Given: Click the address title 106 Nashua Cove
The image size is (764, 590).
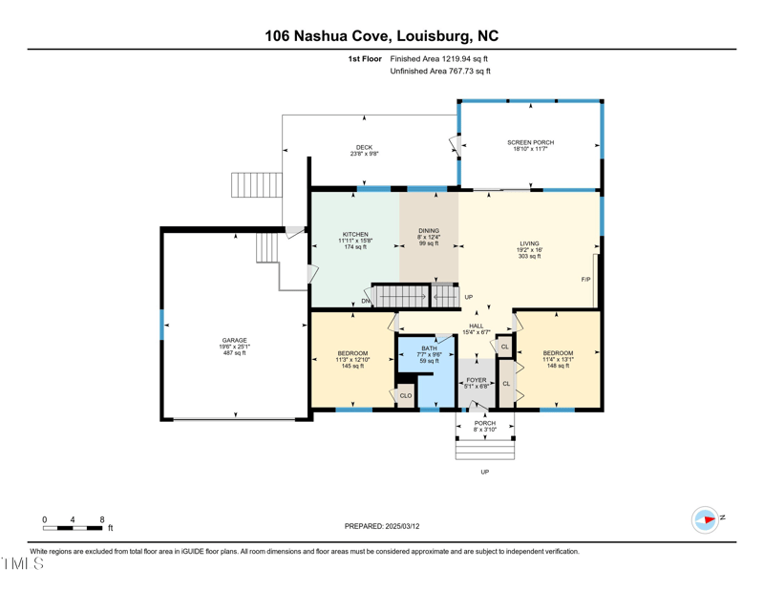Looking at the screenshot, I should [381, 36].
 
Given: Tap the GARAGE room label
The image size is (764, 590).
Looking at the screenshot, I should [235, 341].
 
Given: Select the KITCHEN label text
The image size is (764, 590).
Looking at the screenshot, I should [355, 235].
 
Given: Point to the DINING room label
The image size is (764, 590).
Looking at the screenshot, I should [429, 231].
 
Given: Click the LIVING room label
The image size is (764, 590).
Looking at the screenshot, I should [530, 243].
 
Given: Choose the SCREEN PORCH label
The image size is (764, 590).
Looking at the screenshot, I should [530, 142].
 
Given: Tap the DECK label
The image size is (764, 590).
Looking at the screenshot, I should [364, 148].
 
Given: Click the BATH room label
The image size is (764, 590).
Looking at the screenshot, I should [429, 348].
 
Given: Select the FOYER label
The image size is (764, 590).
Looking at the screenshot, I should [477, 380].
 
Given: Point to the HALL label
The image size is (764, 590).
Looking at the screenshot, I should [476, 327].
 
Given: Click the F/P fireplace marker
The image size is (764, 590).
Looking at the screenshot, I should [585, 280].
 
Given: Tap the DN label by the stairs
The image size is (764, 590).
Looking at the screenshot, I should [365, 301].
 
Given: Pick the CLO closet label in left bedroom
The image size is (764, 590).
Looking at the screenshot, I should [406, 395].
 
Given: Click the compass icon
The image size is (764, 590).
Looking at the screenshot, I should [705, 520].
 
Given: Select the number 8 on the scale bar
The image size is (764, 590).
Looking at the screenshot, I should [102, 519].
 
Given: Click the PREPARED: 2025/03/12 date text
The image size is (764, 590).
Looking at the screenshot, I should [381, 526].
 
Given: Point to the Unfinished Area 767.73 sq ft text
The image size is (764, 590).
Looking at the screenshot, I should [440, 72].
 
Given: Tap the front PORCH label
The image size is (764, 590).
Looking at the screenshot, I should [485, 423].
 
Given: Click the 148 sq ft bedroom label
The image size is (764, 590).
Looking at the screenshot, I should [558, 366].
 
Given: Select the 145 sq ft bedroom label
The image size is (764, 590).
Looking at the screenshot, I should [352, 366].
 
